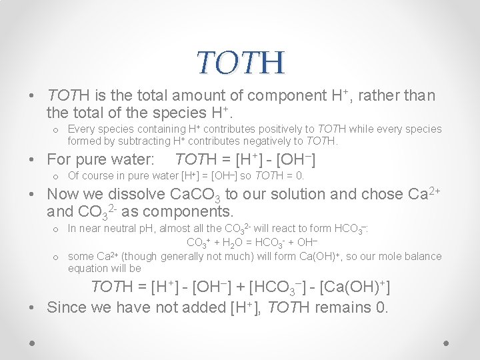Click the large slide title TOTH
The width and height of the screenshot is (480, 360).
coord(240,63)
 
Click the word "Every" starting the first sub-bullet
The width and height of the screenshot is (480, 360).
coord(81,129)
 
